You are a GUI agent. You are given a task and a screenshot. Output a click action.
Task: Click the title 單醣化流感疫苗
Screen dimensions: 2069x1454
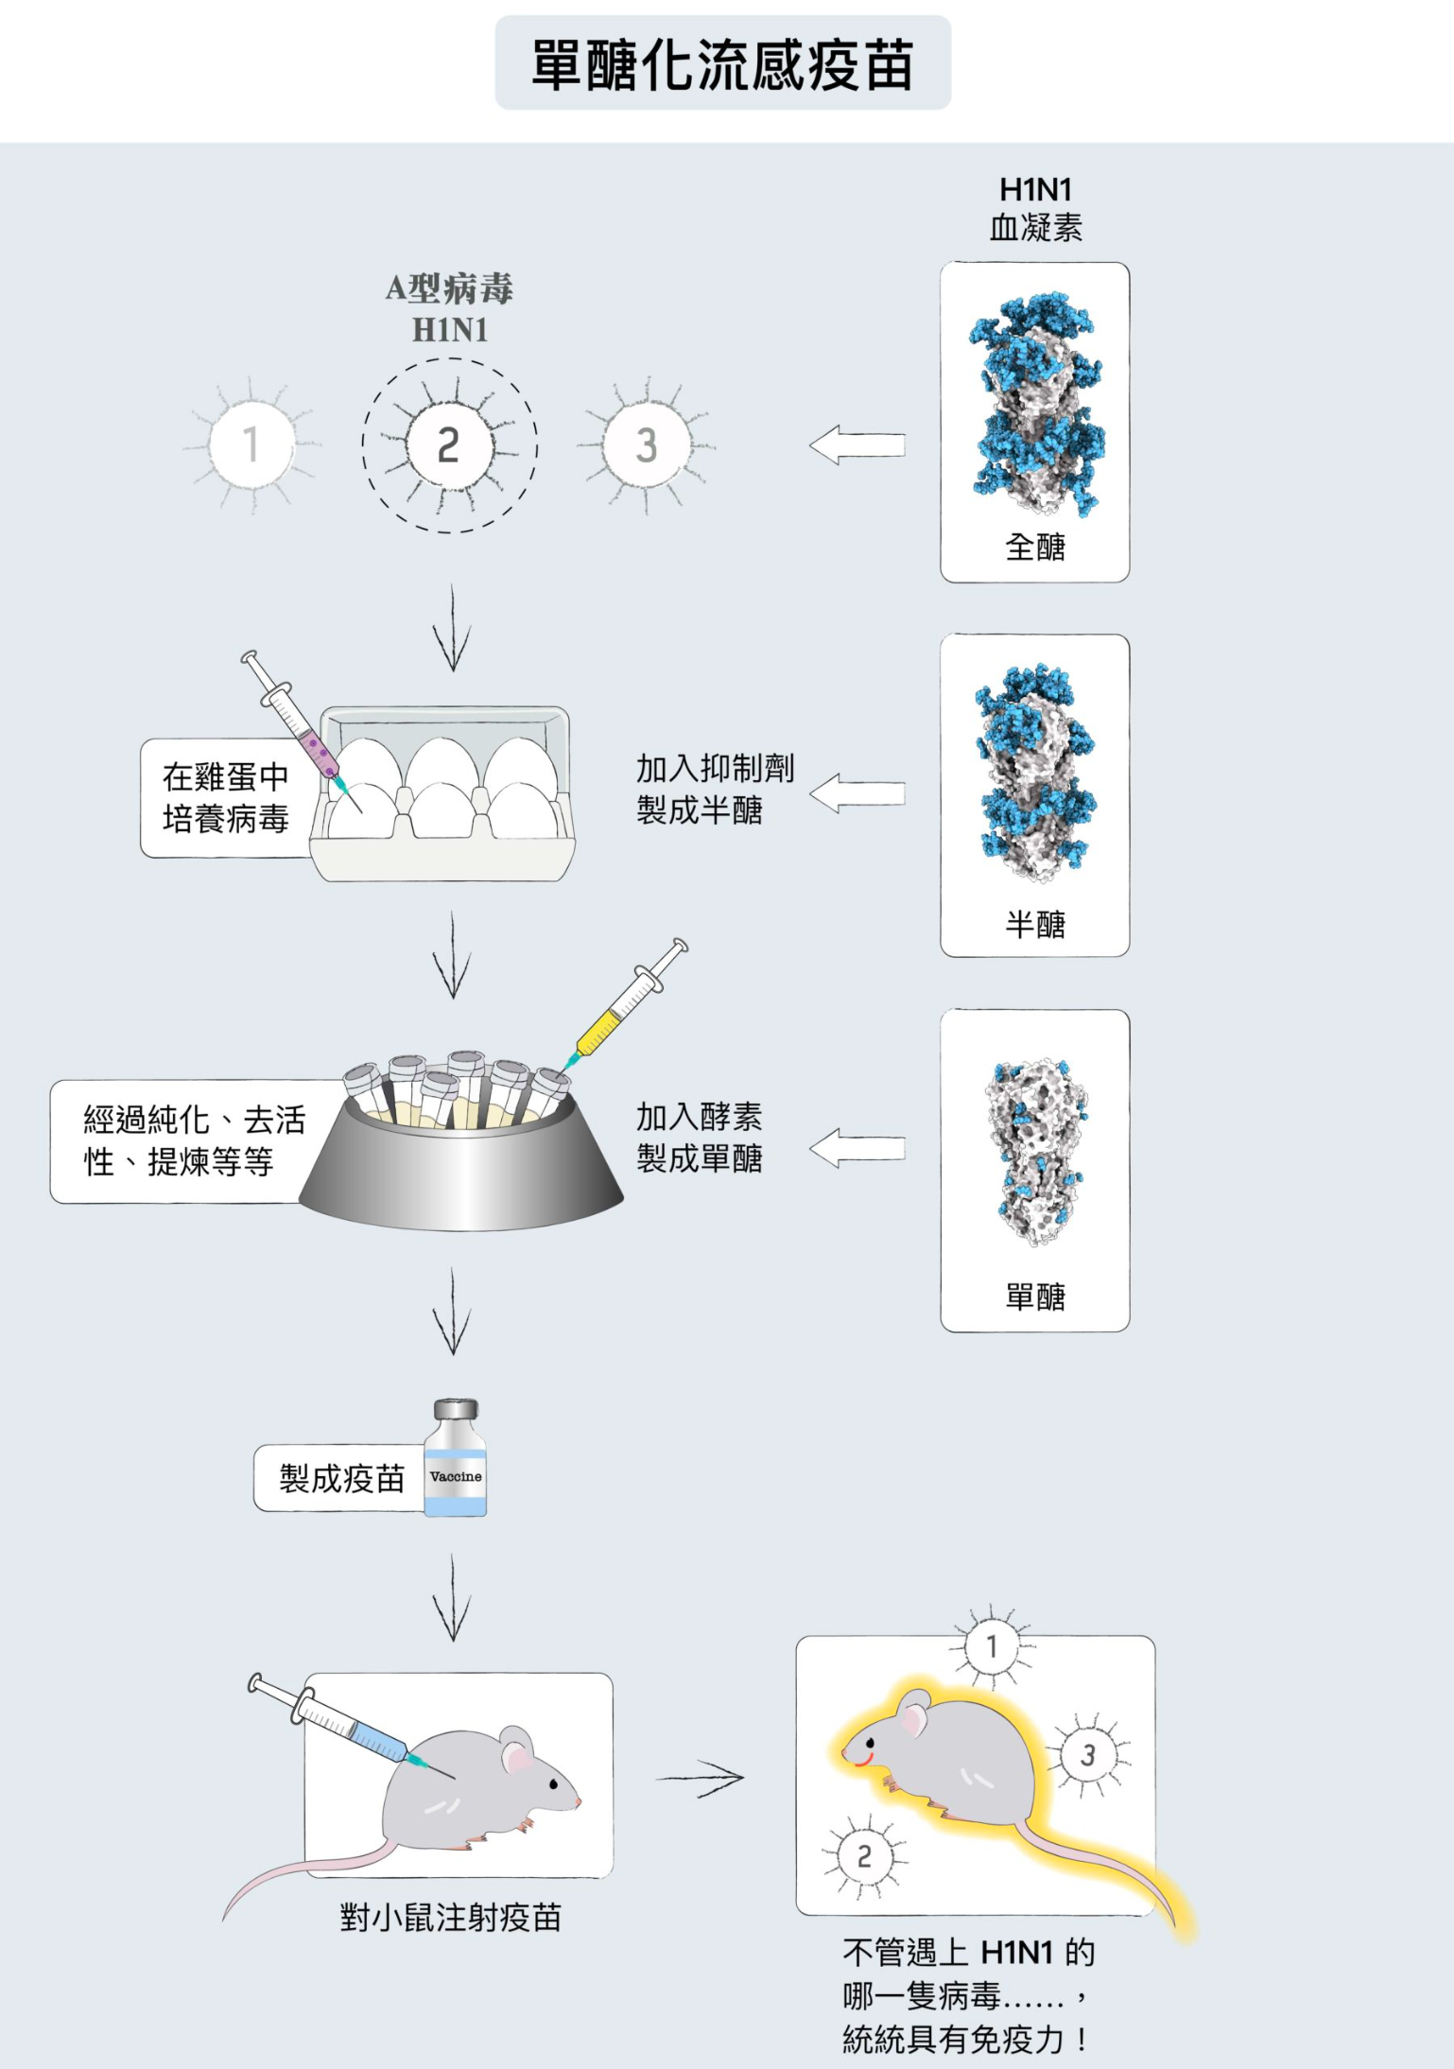(x=722, y=64)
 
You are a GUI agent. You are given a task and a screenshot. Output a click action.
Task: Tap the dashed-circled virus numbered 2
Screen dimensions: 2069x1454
(x=449, y=445)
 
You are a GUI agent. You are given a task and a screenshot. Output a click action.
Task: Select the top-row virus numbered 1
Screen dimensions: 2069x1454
(x=251, y=444)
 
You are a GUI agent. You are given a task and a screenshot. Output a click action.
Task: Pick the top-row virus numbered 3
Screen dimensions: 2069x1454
(x=647, y=445)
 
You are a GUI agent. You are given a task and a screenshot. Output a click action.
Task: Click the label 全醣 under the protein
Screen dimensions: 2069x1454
(x=1034, y=547)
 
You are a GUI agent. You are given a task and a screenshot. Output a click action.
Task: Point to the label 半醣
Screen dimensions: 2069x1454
(x=1034, y=924)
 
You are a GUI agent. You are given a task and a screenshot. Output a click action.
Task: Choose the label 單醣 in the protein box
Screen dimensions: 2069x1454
(x=1034, y=1296)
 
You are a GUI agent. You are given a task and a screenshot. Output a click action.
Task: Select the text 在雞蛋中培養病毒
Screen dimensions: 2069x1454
(x=225, y=798)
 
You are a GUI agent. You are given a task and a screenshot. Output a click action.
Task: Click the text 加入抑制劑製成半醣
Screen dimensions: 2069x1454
(x=714, y=789)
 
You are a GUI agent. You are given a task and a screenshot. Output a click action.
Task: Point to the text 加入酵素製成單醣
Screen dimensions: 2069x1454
(x=699, y=1137)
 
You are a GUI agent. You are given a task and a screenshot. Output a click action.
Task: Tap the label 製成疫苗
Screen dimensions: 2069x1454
(x=341, y=1478)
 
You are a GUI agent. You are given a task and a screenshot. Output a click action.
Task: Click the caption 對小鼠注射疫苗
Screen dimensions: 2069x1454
(x=450, y=1918)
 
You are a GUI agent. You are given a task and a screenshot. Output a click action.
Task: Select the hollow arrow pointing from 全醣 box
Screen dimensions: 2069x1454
(x=857, y=444)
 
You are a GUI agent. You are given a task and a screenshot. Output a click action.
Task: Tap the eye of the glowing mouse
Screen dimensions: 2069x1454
(x=871, y=1743)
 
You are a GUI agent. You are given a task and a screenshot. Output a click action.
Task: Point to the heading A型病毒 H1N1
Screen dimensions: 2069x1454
(x=449, y=308)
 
